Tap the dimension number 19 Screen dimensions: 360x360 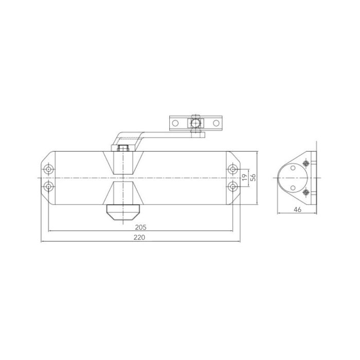(245, 177)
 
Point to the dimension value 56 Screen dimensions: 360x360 (253, 177)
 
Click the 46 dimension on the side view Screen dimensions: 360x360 (297, 209)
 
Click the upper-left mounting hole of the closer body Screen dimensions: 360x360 (48, 169)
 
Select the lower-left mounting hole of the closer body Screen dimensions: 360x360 (48, 185)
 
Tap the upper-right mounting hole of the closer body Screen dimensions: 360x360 (232, 169)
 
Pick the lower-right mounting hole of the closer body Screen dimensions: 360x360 (232, 185)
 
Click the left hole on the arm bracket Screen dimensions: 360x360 (175, 123)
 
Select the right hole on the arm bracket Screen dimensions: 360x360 (214, 123)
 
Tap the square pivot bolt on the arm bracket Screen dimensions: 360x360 (195, 123)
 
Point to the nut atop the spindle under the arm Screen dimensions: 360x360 (123, 148)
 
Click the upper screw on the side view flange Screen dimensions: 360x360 (307, 164)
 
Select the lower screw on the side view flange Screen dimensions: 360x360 (307, 193)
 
